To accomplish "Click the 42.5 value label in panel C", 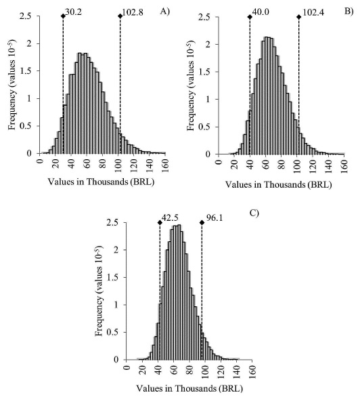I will coord(171,220).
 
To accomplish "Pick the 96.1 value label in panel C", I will coord(215,220).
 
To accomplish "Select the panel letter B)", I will coord(349,11).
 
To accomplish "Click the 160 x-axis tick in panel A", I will coord(164,162).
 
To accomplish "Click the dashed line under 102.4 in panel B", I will coord(298,88).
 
